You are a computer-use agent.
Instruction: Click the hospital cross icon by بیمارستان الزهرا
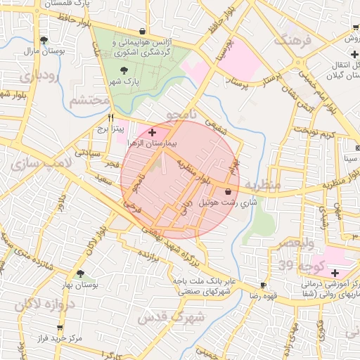(x=153, y=132)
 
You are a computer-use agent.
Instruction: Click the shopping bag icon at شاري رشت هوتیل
(x=228, y=191)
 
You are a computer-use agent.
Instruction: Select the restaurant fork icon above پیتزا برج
(x=110, y=117)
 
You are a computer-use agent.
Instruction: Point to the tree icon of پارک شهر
(x=124, y=70)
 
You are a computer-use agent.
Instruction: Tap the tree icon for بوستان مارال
(x=44, y=40)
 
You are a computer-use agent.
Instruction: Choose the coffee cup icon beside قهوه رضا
(x=263, y=285)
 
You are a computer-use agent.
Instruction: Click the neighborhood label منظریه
(x=262, y=184)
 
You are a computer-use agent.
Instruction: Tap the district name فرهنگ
(x=292, y=41)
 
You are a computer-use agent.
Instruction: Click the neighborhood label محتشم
(x=89, y=101)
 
